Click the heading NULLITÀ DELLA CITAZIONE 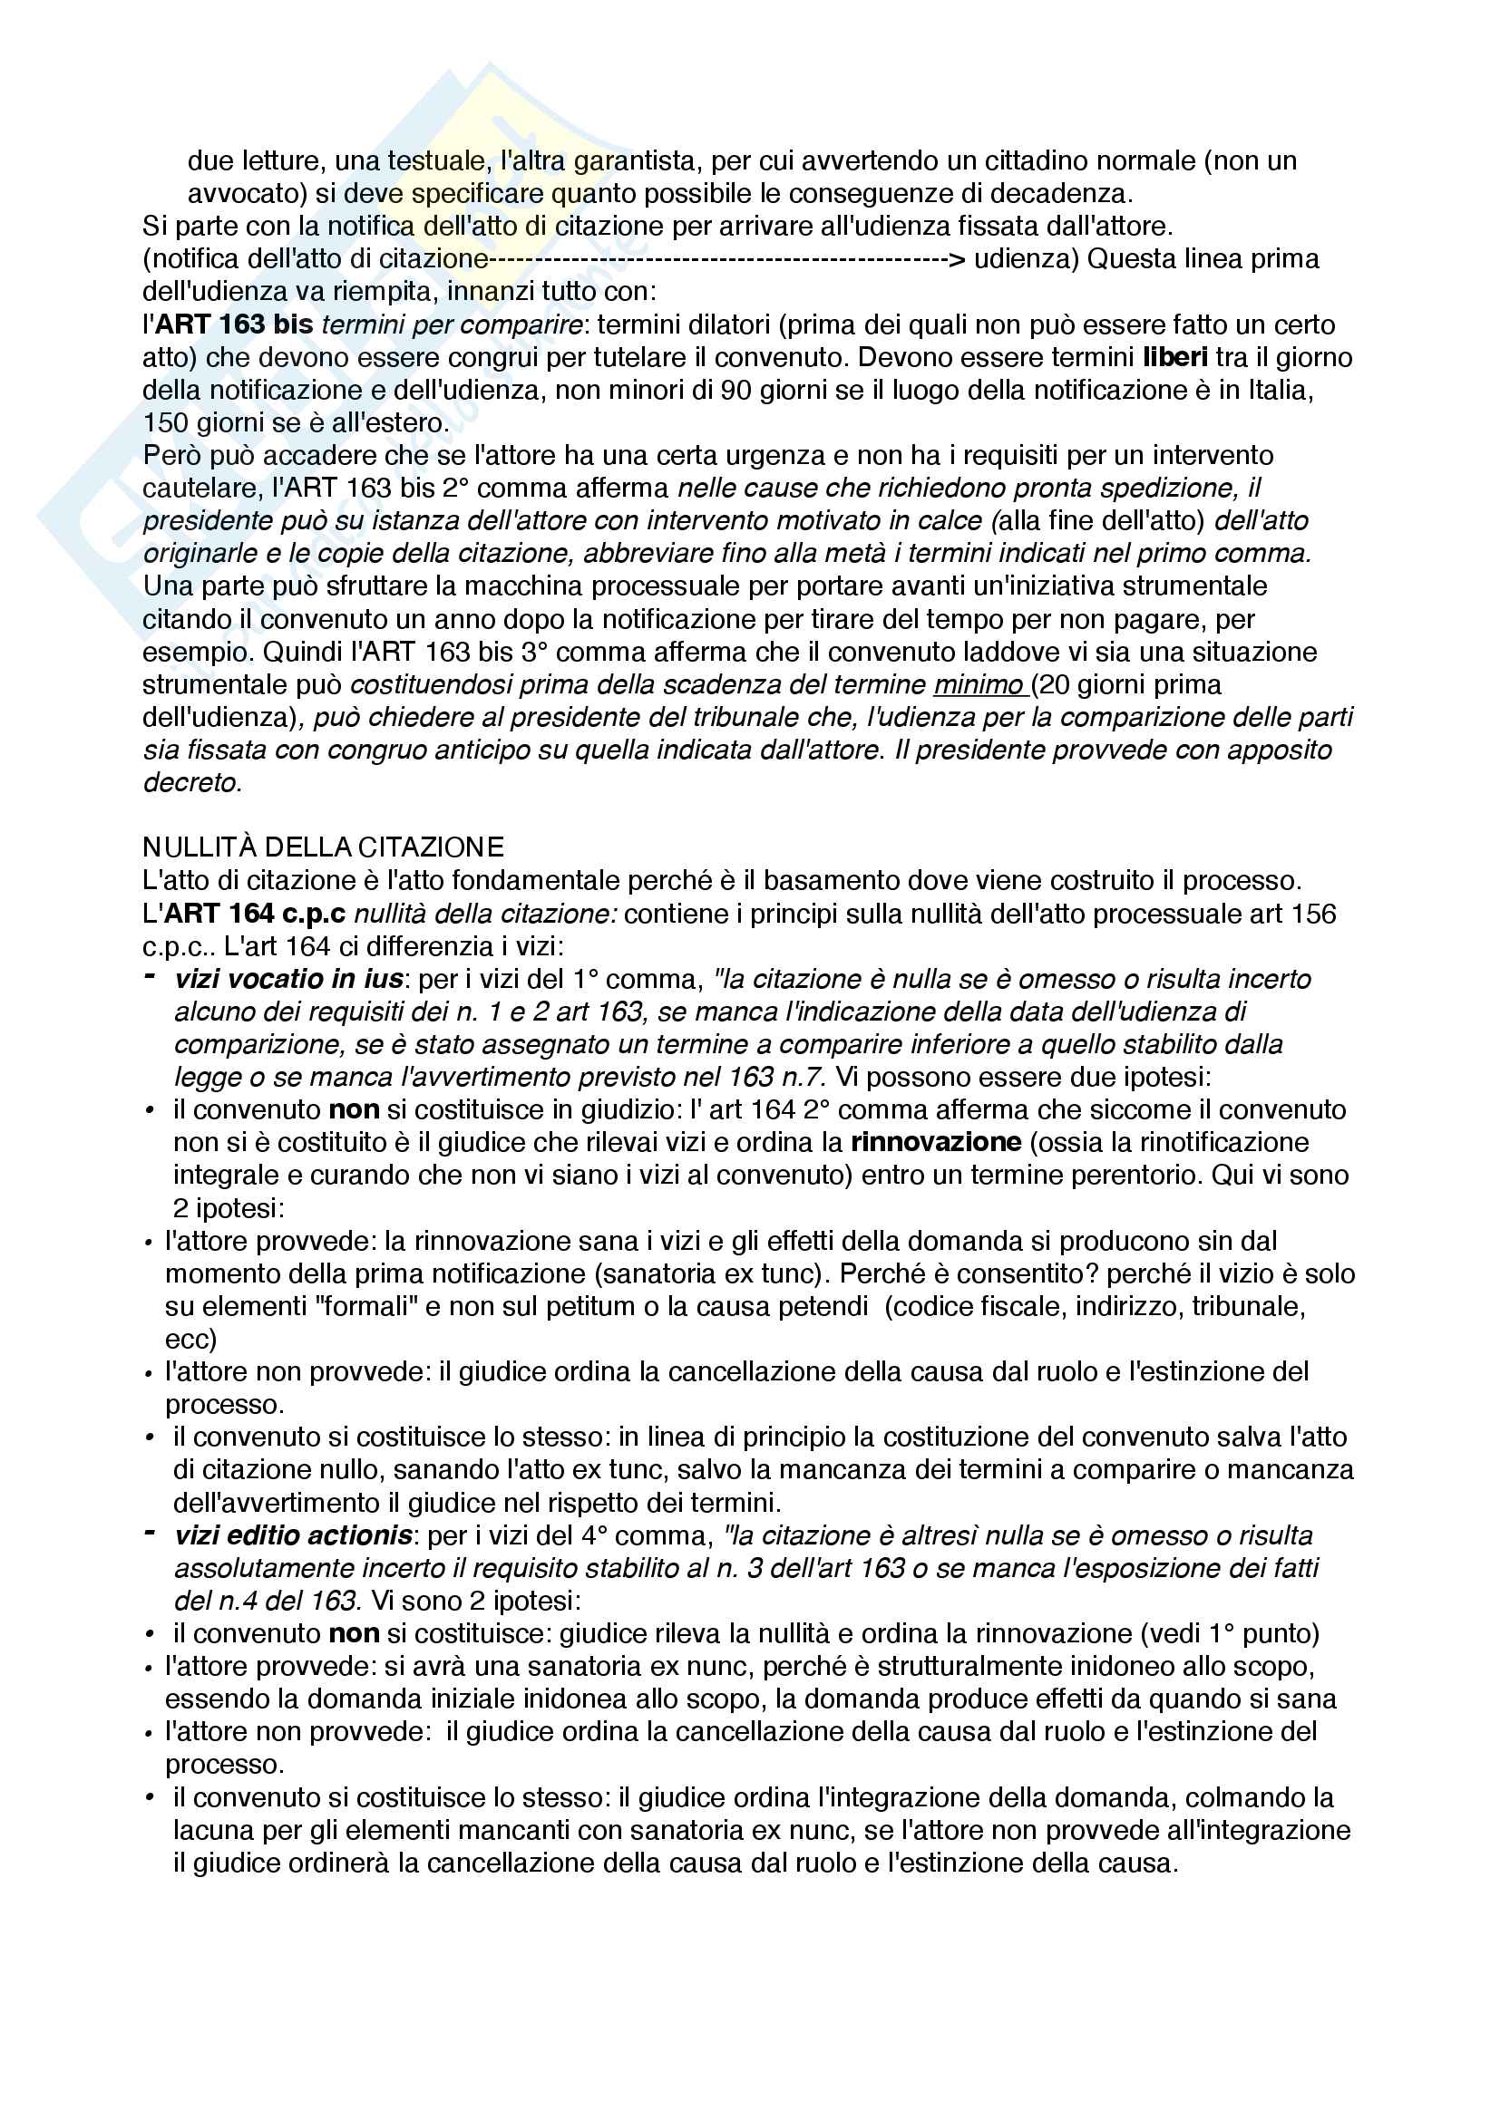[323, 847]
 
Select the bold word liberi [1174, 357]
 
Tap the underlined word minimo [979, 684]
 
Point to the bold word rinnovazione [936, 1142]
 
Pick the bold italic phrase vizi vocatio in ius [289, 979]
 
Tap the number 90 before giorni [735, 390]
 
